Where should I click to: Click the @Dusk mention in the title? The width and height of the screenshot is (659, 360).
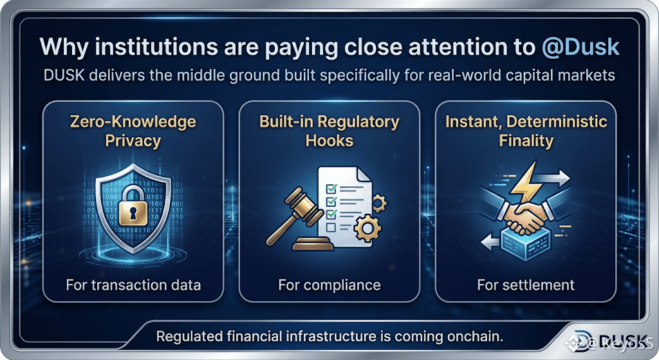point(580,46)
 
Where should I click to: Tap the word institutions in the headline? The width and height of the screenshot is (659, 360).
point(156,46)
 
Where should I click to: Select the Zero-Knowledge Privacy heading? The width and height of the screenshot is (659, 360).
point(133,131)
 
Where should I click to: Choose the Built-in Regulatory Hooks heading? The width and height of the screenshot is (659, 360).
point(329,131)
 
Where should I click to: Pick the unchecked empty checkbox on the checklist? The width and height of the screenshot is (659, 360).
point(331,227)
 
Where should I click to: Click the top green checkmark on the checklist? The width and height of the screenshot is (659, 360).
point(331,188)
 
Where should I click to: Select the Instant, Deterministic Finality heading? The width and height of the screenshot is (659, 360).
point(526,131)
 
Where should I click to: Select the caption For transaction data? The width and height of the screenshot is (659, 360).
point(133,285)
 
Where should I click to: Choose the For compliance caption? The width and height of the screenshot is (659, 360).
point(329,285)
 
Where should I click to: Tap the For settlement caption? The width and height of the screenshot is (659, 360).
point(526,285)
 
